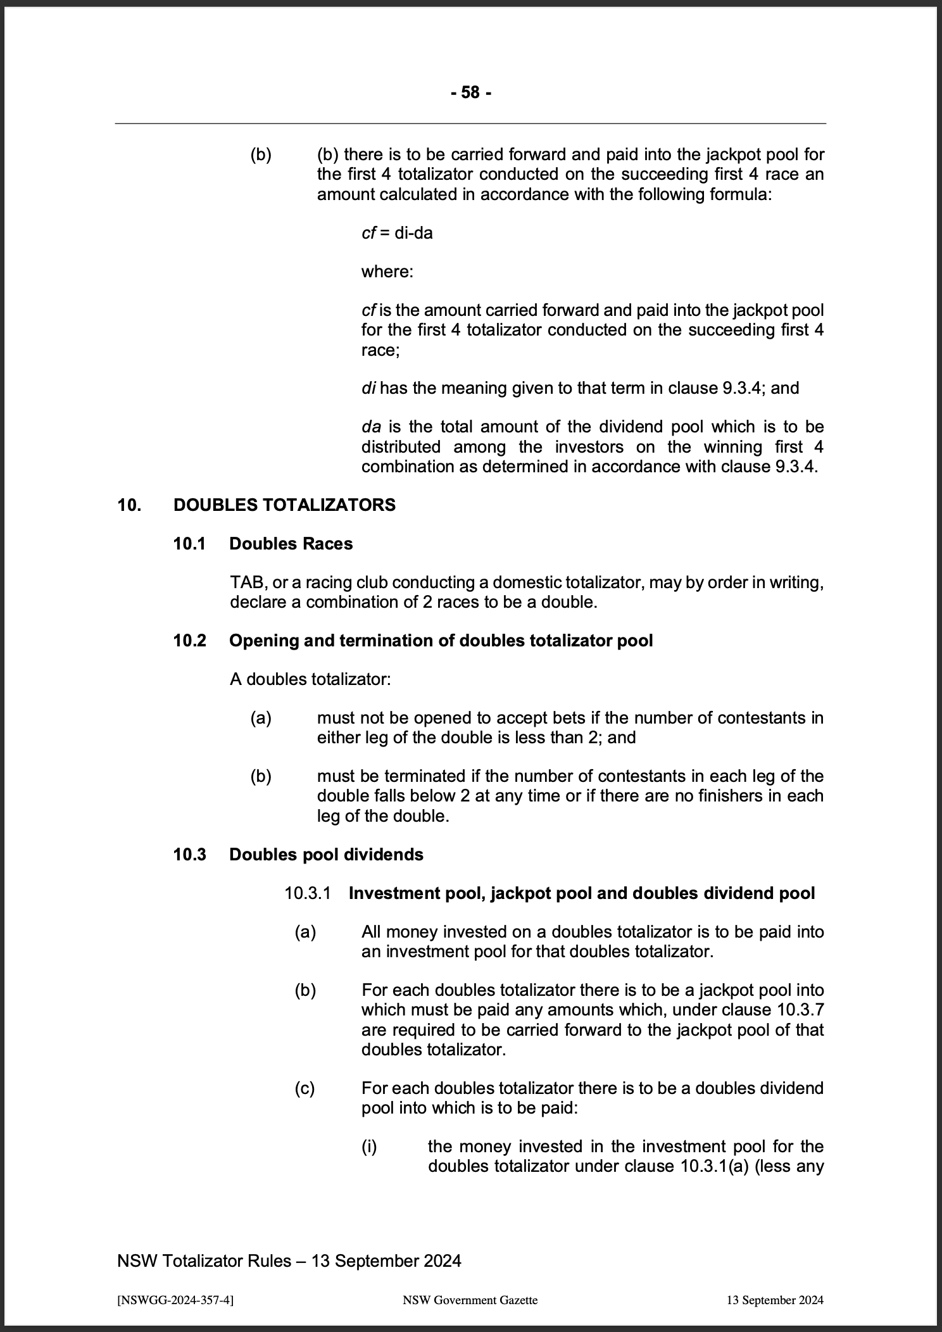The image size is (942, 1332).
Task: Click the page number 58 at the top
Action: point(470,92)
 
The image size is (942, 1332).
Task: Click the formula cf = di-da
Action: point(397,233)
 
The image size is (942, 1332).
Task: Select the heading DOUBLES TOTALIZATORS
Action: point(284,505)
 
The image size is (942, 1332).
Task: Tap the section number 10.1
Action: point(189,544)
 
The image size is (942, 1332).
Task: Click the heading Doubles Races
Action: point(291,544)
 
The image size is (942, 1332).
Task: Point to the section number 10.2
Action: point(189,641)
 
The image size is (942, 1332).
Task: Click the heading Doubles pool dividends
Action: point(326,855)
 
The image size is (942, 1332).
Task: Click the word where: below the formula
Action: point(387,272)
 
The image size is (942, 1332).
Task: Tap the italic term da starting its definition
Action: point(370,427)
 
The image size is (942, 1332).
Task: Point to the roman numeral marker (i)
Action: point(369,1147)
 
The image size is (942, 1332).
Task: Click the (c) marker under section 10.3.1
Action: point(305,1088)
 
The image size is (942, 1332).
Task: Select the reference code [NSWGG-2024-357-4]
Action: point(175,1300)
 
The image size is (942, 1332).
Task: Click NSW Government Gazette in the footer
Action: point(470,1300)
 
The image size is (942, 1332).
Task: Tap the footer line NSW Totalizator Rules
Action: point(289,1260)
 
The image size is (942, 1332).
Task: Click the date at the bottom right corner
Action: point(775,1300)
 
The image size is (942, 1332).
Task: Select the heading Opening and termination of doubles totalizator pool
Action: point(441,641)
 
